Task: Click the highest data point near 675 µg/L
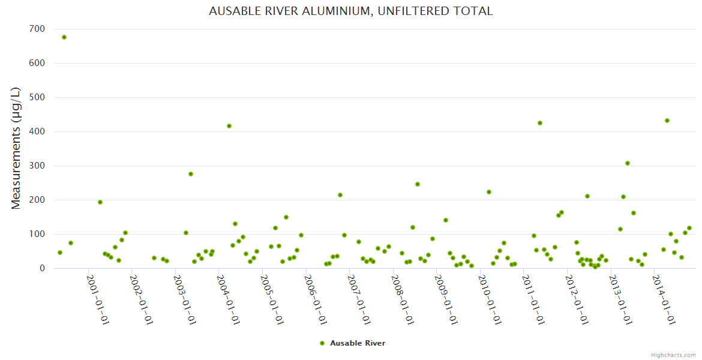click(x=64, y=37)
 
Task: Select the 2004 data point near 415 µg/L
click(x=229, y=126)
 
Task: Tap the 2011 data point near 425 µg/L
click(x=540, y=123)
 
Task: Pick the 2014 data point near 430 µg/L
click(x=667, y=121)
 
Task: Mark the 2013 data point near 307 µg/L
click(x=628, y=163)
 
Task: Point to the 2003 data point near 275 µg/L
click(x=191, y=174)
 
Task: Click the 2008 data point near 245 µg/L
click(x=418, y=184)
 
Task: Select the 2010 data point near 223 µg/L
click(x=489, y=192)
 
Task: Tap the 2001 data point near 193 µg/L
click(x=100, y=202)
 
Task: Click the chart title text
click(x=350, y=11)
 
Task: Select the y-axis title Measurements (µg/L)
click(x=16, y=148)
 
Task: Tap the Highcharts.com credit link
click(x=673, y=355)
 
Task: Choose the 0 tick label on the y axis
click(x=41, y=268)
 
